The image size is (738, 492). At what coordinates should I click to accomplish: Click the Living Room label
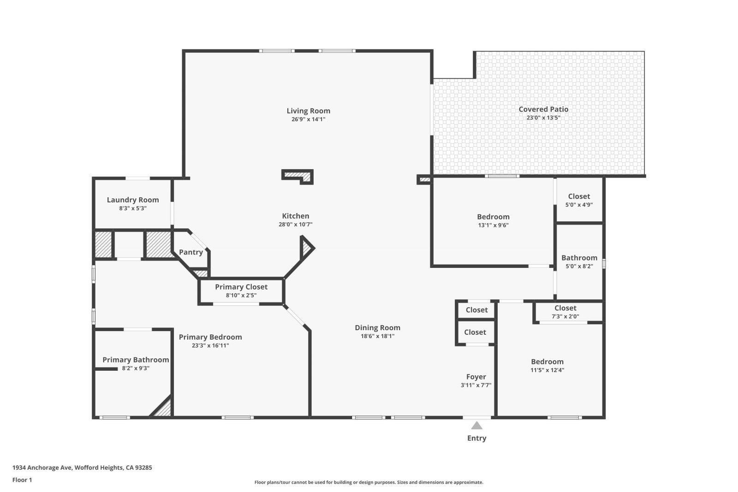tap(308, 111)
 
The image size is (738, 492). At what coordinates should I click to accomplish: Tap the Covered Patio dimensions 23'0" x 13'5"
tap(543, 118)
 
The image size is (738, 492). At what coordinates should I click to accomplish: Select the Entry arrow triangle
tap(476, 426)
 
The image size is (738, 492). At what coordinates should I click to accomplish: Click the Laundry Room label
tap(133, 200)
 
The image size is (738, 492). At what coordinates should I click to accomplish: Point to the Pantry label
tap(190, 252)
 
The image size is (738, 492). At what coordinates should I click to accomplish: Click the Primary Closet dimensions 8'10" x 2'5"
tap(241, 295)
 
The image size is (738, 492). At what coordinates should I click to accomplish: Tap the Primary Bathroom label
tap(136, 360)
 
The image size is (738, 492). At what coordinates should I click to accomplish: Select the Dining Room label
tap(377, 328)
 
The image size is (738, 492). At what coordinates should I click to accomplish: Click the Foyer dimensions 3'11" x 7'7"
tap(476, 385)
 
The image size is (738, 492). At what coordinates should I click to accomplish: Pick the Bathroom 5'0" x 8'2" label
tap(579, 258)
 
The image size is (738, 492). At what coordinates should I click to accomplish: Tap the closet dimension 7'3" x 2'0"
tap(565, 316)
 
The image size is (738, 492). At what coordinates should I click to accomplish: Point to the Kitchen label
tap(296, 216)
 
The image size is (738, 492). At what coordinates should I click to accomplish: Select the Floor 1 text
tap(22, 480)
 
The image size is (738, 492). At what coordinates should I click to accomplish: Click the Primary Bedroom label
tap(210, 337)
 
